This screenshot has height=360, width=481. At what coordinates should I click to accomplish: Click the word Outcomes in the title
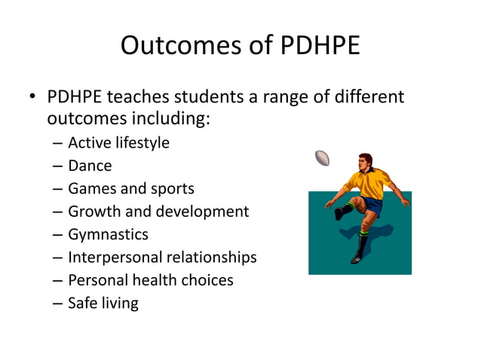tap(178, 47)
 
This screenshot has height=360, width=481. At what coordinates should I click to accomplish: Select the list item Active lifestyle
tap(118, 143)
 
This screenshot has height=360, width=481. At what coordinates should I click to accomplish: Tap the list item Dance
tap(90, 166)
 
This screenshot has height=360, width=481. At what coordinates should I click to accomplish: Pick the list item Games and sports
tap(130, 188)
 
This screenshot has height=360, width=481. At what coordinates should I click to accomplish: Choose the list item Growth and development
tap(158, 212)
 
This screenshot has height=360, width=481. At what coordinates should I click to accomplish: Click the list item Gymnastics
tap(108, 234)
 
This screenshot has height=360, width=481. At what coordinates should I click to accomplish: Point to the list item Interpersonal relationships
tap(162, 258)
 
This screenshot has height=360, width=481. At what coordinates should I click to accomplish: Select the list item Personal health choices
tap(151, 280)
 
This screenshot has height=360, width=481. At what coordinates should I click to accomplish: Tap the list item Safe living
tap(103, 304)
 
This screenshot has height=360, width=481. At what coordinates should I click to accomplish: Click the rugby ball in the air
tap(323, 158)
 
